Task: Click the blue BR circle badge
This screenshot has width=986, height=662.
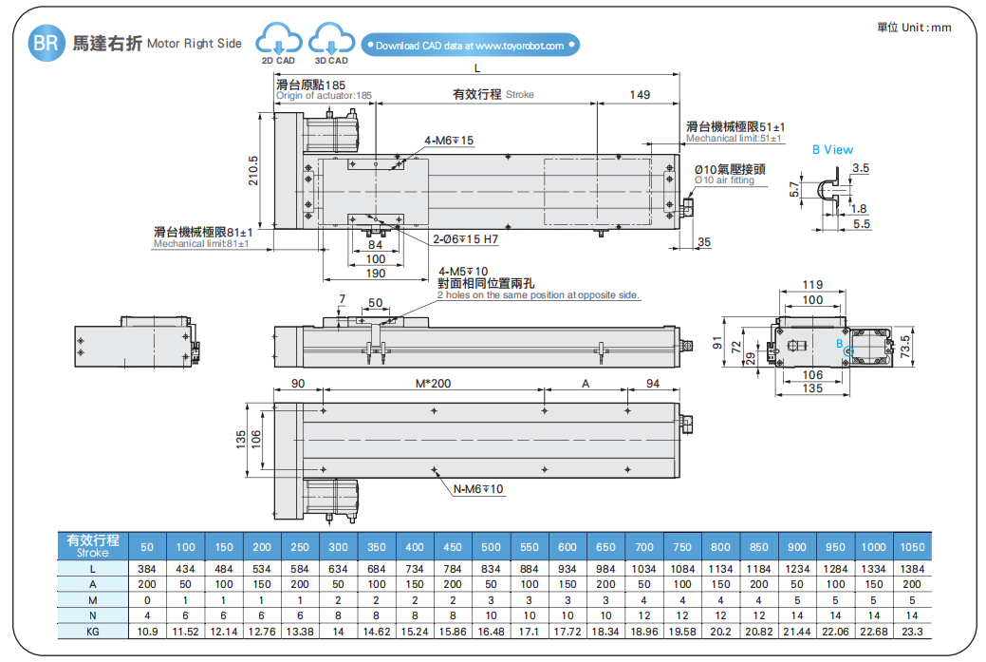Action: [47, 44]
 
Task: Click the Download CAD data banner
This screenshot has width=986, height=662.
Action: [470, 46]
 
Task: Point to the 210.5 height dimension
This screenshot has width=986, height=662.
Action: [252, 170]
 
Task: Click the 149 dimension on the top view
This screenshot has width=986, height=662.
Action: [640, 94]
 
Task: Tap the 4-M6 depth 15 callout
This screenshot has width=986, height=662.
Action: [448, 141]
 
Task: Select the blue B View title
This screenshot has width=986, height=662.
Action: [832, 150]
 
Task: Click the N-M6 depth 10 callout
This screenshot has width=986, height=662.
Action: [478, 489]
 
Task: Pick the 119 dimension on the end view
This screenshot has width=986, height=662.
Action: [812, 285]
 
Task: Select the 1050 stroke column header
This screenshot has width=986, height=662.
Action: [911, 547]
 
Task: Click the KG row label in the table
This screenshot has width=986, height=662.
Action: [93, 631]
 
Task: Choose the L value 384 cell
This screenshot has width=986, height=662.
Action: [147, 568]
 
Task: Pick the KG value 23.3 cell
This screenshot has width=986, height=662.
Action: [911, 631]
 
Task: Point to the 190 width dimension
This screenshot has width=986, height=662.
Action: [376, 274]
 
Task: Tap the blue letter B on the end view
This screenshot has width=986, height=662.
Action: [839, 344]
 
